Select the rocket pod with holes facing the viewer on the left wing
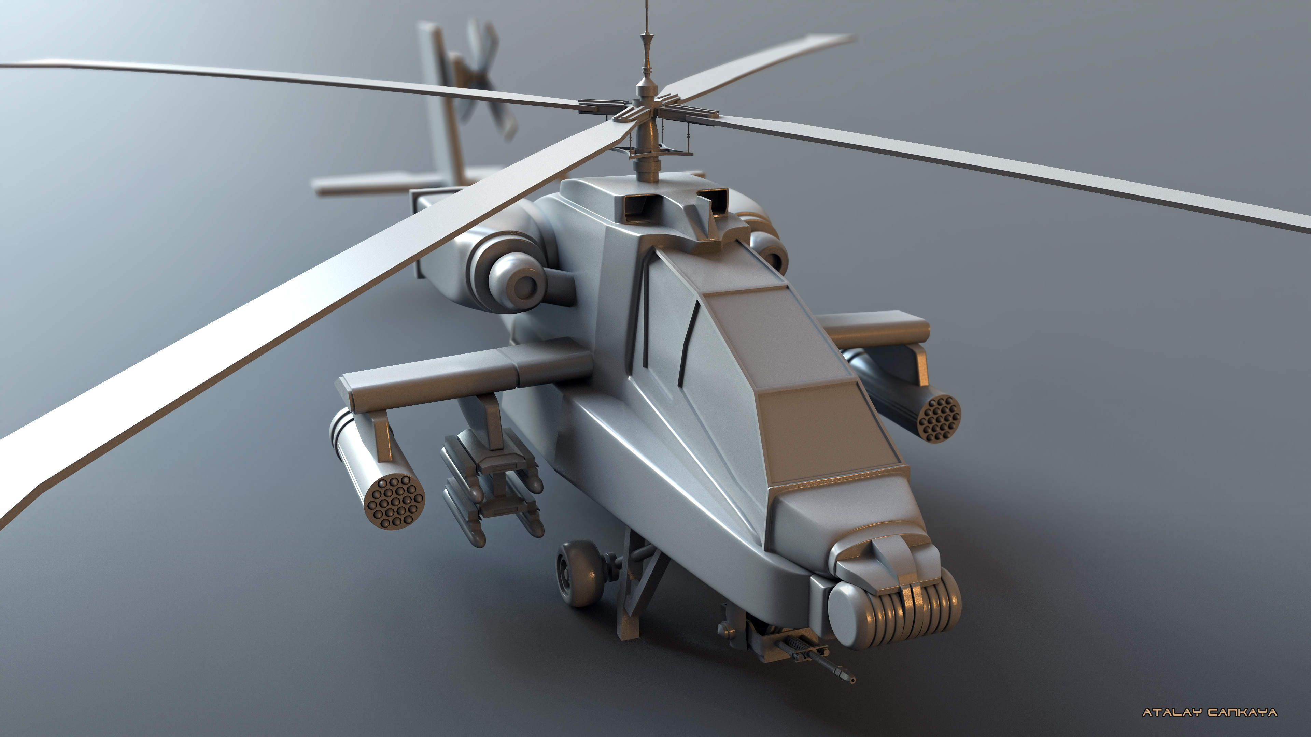point(395,502)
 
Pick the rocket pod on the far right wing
point(940,418)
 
